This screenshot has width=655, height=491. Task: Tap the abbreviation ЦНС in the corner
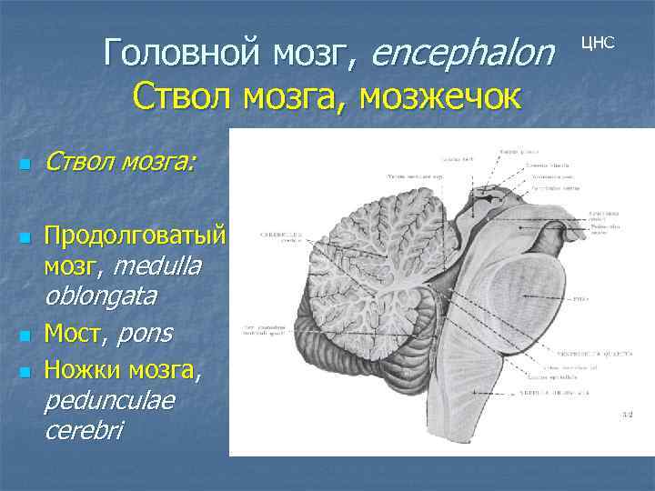(598, 43)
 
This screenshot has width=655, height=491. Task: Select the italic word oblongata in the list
(100, 296)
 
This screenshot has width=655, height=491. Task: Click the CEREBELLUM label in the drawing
(281, 232)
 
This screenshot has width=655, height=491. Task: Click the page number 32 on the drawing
(626, 415)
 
